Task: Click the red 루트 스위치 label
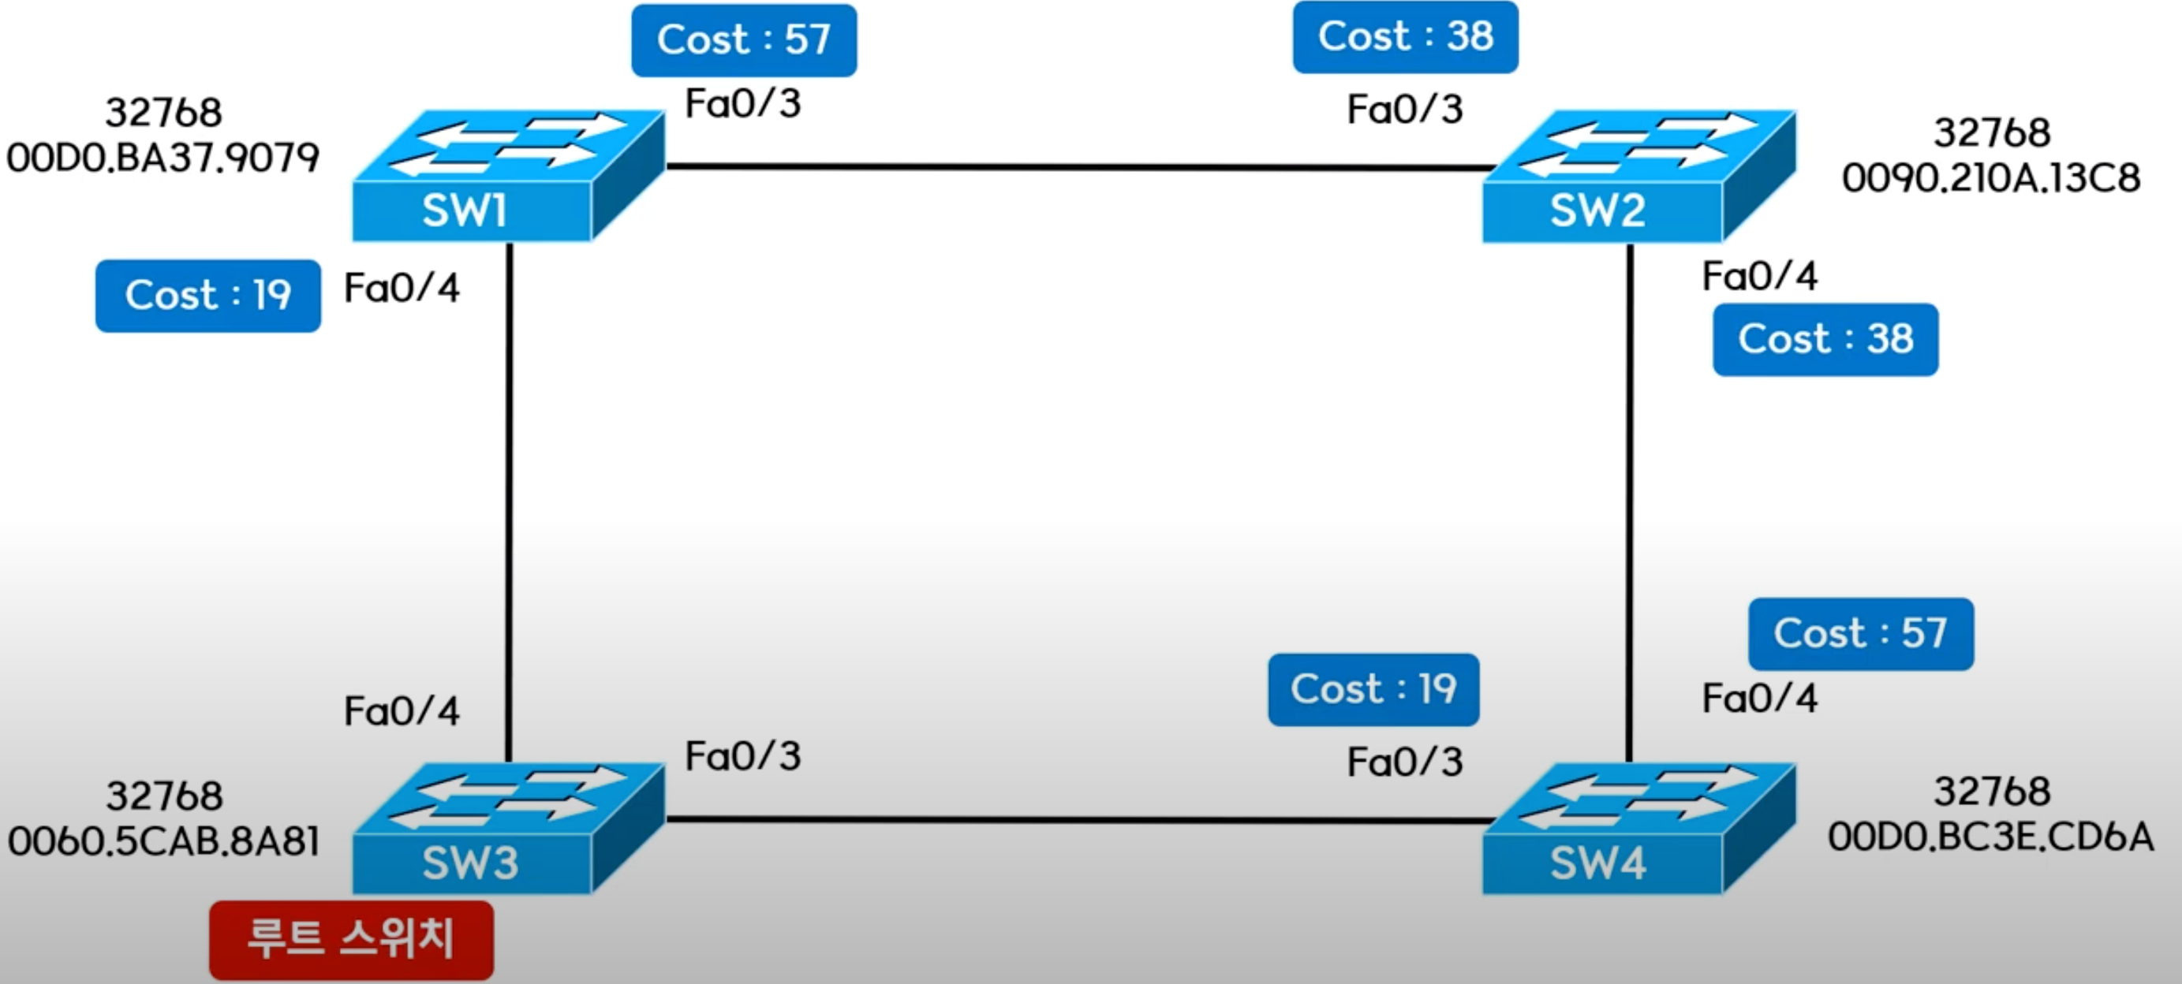pos(351,939)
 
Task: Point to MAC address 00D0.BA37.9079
pos(163,158)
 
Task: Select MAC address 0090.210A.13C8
pos(1990,179)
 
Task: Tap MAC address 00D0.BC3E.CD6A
pos(1990,837)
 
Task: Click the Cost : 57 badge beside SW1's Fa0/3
pos(744,39)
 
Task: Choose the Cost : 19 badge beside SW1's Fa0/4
pos(207,296)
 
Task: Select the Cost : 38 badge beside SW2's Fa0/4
pos(1825,340)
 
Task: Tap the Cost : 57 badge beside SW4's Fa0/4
pos(1861,633)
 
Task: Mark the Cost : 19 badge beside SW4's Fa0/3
pos(1373,689)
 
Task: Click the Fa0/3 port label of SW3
pos(743,756)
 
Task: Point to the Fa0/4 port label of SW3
pos(402,711)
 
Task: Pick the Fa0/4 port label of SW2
pos(1759,277)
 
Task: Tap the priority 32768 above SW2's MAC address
pos(1991,133)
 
